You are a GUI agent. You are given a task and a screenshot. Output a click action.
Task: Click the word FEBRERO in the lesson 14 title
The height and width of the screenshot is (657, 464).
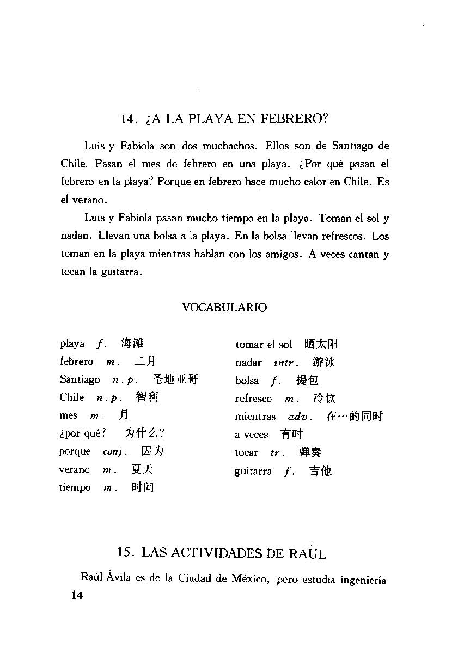[x=295, y=119]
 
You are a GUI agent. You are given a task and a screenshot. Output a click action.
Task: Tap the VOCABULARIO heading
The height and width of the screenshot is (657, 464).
[x=224, y=308]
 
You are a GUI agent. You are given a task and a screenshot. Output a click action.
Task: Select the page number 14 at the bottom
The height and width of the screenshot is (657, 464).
[x=73, y=595]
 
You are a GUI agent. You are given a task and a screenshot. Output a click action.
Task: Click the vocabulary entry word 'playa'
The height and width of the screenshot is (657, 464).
[x=72, y=344]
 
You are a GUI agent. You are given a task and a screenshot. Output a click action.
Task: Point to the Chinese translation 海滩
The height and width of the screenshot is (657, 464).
[x=132, y=343]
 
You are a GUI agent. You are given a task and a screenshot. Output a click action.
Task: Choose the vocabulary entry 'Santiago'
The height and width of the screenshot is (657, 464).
[x=80, y=379]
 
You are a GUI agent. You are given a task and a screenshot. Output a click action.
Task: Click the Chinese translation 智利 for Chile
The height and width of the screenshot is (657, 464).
[x=147, y=397]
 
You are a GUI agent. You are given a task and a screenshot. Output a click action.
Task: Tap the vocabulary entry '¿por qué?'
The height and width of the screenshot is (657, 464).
[x=83, y=434]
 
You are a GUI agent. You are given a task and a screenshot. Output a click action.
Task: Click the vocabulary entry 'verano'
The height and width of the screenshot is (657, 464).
[x=75, y=470]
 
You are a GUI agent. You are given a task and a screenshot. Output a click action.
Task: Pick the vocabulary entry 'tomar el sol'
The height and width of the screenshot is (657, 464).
[x=264, y=345]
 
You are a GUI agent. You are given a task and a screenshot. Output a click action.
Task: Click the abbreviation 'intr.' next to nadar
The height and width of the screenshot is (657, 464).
[x=286, y=363]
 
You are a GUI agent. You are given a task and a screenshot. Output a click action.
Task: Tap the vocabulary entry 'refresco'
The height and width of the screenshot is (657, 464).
[x=253, y=399]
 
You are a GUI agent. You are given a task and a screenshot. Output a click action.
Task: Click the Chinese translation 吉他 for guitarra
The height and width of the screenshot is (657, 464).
[x=320, y=471]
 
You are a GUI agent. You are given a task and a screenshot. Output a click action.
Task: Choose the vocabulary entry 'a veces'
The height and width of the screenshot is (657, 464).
[x=252, y=435]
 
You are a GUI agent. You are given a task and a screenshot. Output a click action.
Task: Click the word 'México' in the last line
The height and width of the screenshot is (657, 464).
[x=250, y=579]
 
